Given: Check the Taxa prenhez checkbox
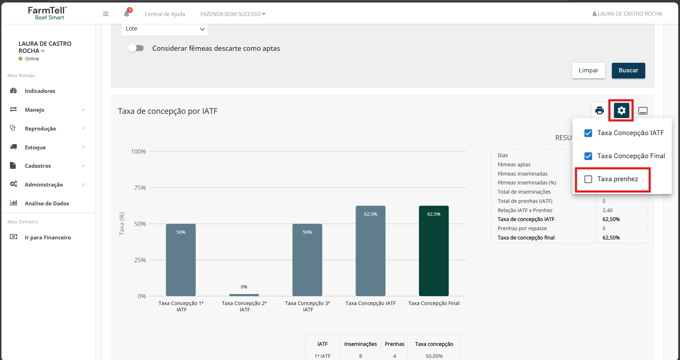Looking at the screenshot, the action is click(588, 179).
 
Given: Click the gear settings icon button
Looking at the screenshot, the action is click(621, 111).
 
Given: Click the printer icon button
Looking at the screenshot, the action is click(599, 111).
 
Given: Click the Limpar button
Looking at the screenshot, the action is click(588, 71).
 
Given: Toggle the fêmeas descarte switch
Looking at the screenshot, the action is click(136, 48).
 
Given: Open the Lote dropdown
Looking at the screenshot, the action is click(165, 29).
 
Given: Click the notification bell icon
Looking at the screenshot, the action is click(127, 14).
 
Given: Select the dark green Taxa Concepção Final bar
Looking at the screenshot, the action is click(433, 251).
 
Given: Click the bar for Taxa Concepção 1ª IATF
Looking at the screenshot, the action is click(181, 260).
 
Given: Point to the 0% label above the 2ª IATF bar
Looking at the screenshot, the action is click(244, 287).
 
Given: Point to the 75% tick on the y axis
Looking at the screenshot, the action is click(140, 188).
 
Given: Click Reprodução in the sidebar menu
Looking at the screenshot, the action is click(40, 129).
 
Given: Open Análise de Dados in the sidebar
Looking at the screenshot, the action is click(47, 203).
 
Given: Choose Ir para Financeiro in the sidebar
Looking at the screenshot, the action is click(48, 238).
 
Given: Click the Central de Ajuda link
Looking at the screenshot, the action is click(165, 14).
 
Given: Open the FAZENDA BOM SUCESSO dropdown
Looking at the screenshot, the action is click(233, 14).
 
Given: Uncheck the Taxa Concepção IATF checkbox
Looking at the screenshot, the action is click(588, 133).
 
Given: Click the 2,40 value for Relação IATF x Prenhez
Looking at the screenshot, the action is click(608, 210).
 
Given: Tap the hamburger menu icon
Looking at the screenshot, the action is click(106, 14).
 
